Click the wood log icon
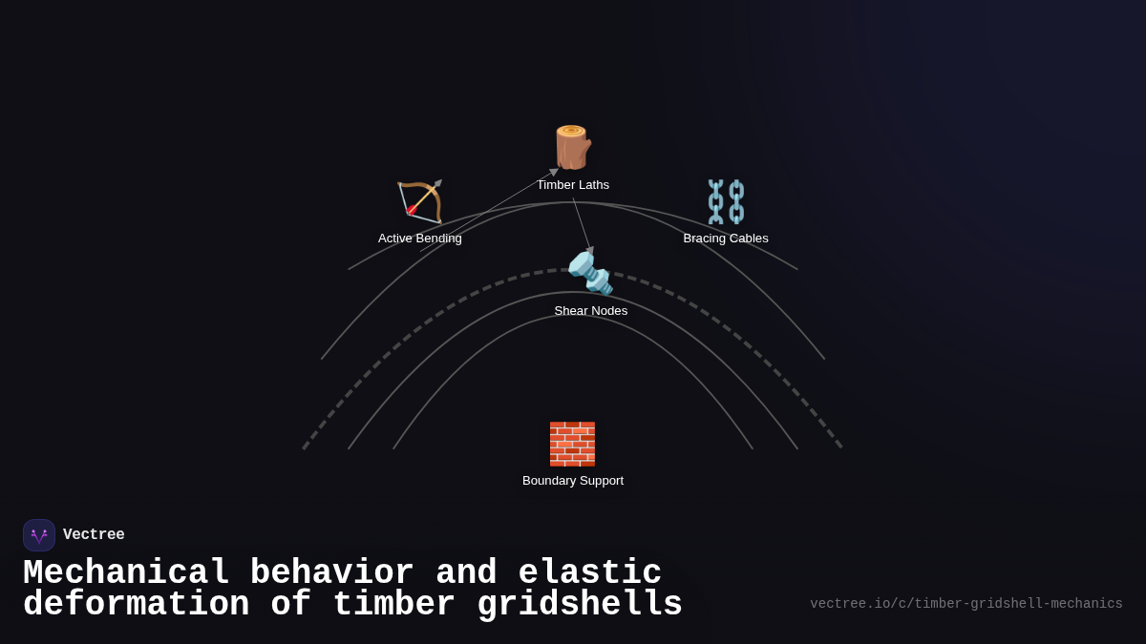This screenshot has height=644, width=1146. click(573, 147)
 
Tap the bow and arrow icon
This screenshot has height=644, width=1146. click(420, 201)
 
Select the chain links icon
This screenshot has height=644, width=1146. click(726, 201)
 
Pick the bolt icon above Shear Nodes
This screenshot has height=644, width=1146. click(590, 274)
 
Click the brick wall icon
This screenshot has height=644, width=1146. click(572, 444)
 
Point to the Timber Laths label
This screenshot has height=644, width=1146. click(573, 185)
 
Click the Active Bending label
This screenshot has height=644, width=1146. click(420, 239)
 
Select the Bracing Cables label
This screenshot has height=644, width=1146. click(726, 239)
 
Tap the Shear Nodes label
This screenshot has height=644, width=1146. click(591, 311)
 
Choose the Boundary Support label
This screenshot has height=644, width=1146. click(573, 481)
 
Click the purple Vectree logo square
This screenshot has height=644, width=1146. click(39, 535)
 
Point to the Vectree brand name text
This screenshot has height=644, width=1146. click(94, 534)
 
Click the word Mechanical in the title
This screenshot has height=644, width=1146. click(126, 571)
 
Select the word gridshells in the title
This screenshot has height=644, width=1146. click(580, 604)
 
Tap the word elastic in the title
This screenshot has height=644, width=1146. click(590, 571)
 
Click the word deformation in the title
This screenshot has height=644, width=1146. click(136, 603)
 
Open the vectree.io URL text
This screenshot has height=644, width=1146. click(966, 604)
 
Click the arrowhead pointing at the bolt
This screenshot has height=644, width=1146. click(590, 250)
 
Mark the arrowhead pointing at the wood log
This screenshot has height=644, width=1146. click(554, 173)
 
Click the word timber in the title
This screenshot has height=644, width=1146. click(393, 603)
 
